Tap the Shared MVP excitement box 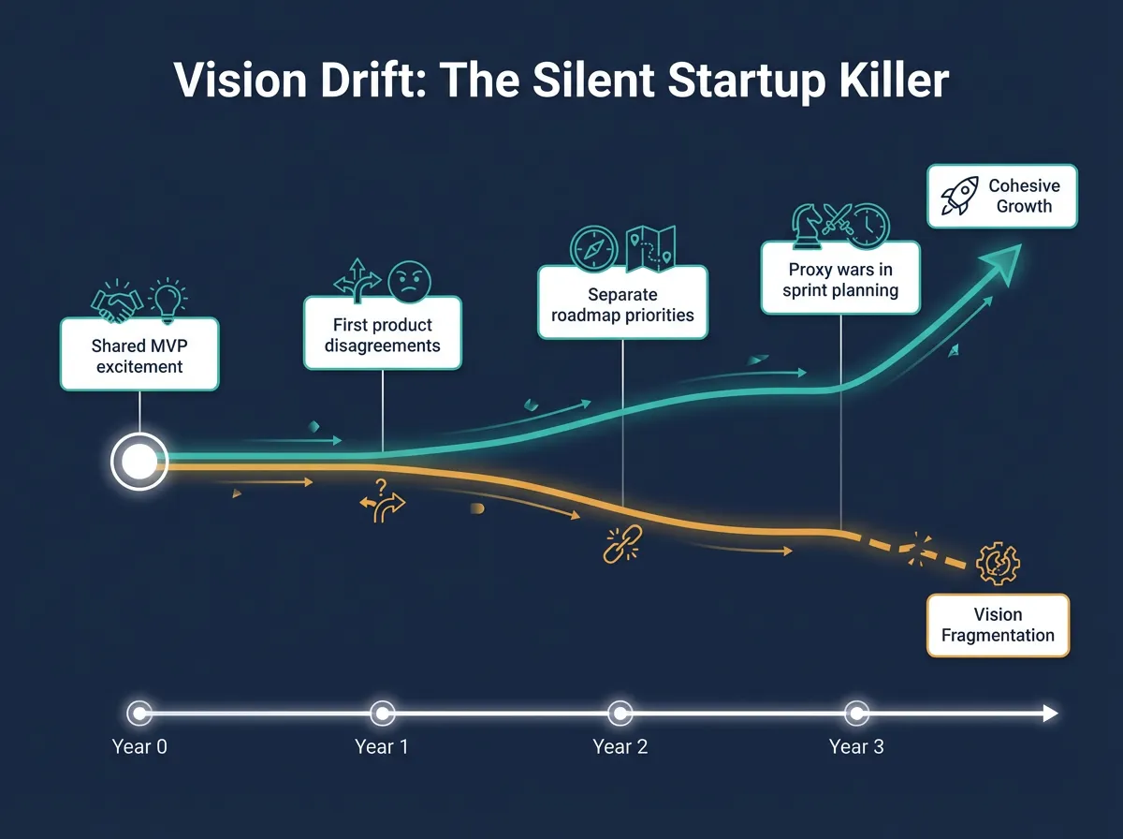[x=139, y=356]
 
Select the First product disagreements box [x=382, y=335]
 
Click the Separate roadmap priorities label [x=622, y=304]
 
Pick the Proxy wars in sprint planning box [x=839, y=279]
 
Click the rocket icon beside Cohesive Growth [x=958, y=196]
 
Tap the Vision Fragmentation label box [x=997, y=625]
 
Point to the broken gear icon [x=997, y=566]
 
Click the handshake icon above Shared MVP [x=116, y=300]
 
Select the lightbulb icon [x=169, y=296]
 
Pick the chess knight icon [x=805, y=225]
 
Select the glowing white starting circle [x=139, y=461]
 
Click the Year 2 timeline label [x=620, y=746]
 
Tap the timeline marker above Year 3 [x=855, y=714]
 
